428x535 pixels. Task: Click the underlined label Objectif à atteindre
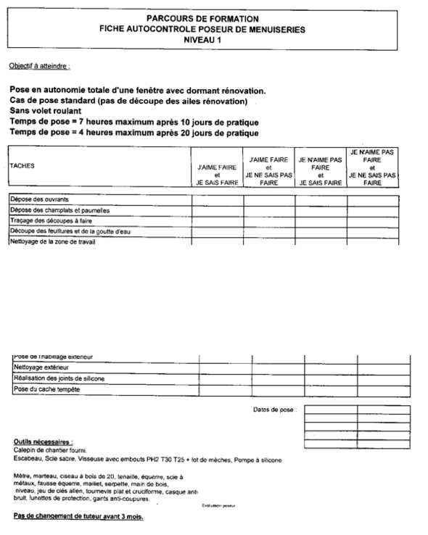pyautogui.click(x=39, y=66)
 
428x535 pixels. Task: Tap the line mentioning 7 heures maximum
pyautogui.click(x=134, y=123)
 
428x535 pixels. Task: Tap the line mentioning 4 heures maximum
pyautogui.click(x=134, y=133)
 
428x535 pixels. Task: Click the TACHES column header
pyautogui.click(x=22, y=165)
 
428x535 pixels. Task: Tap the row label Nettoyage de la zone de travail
pyautogui.click(x=52, y=241)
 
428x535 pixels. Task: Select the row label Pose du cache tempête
pyautogui.click(x=43, y=390)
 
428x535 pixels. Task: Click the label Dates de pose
pyautogui.click(x=274, y=410)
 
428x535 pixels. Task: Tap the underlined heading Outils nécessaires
pyautogui.click(x=43, y=441)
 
